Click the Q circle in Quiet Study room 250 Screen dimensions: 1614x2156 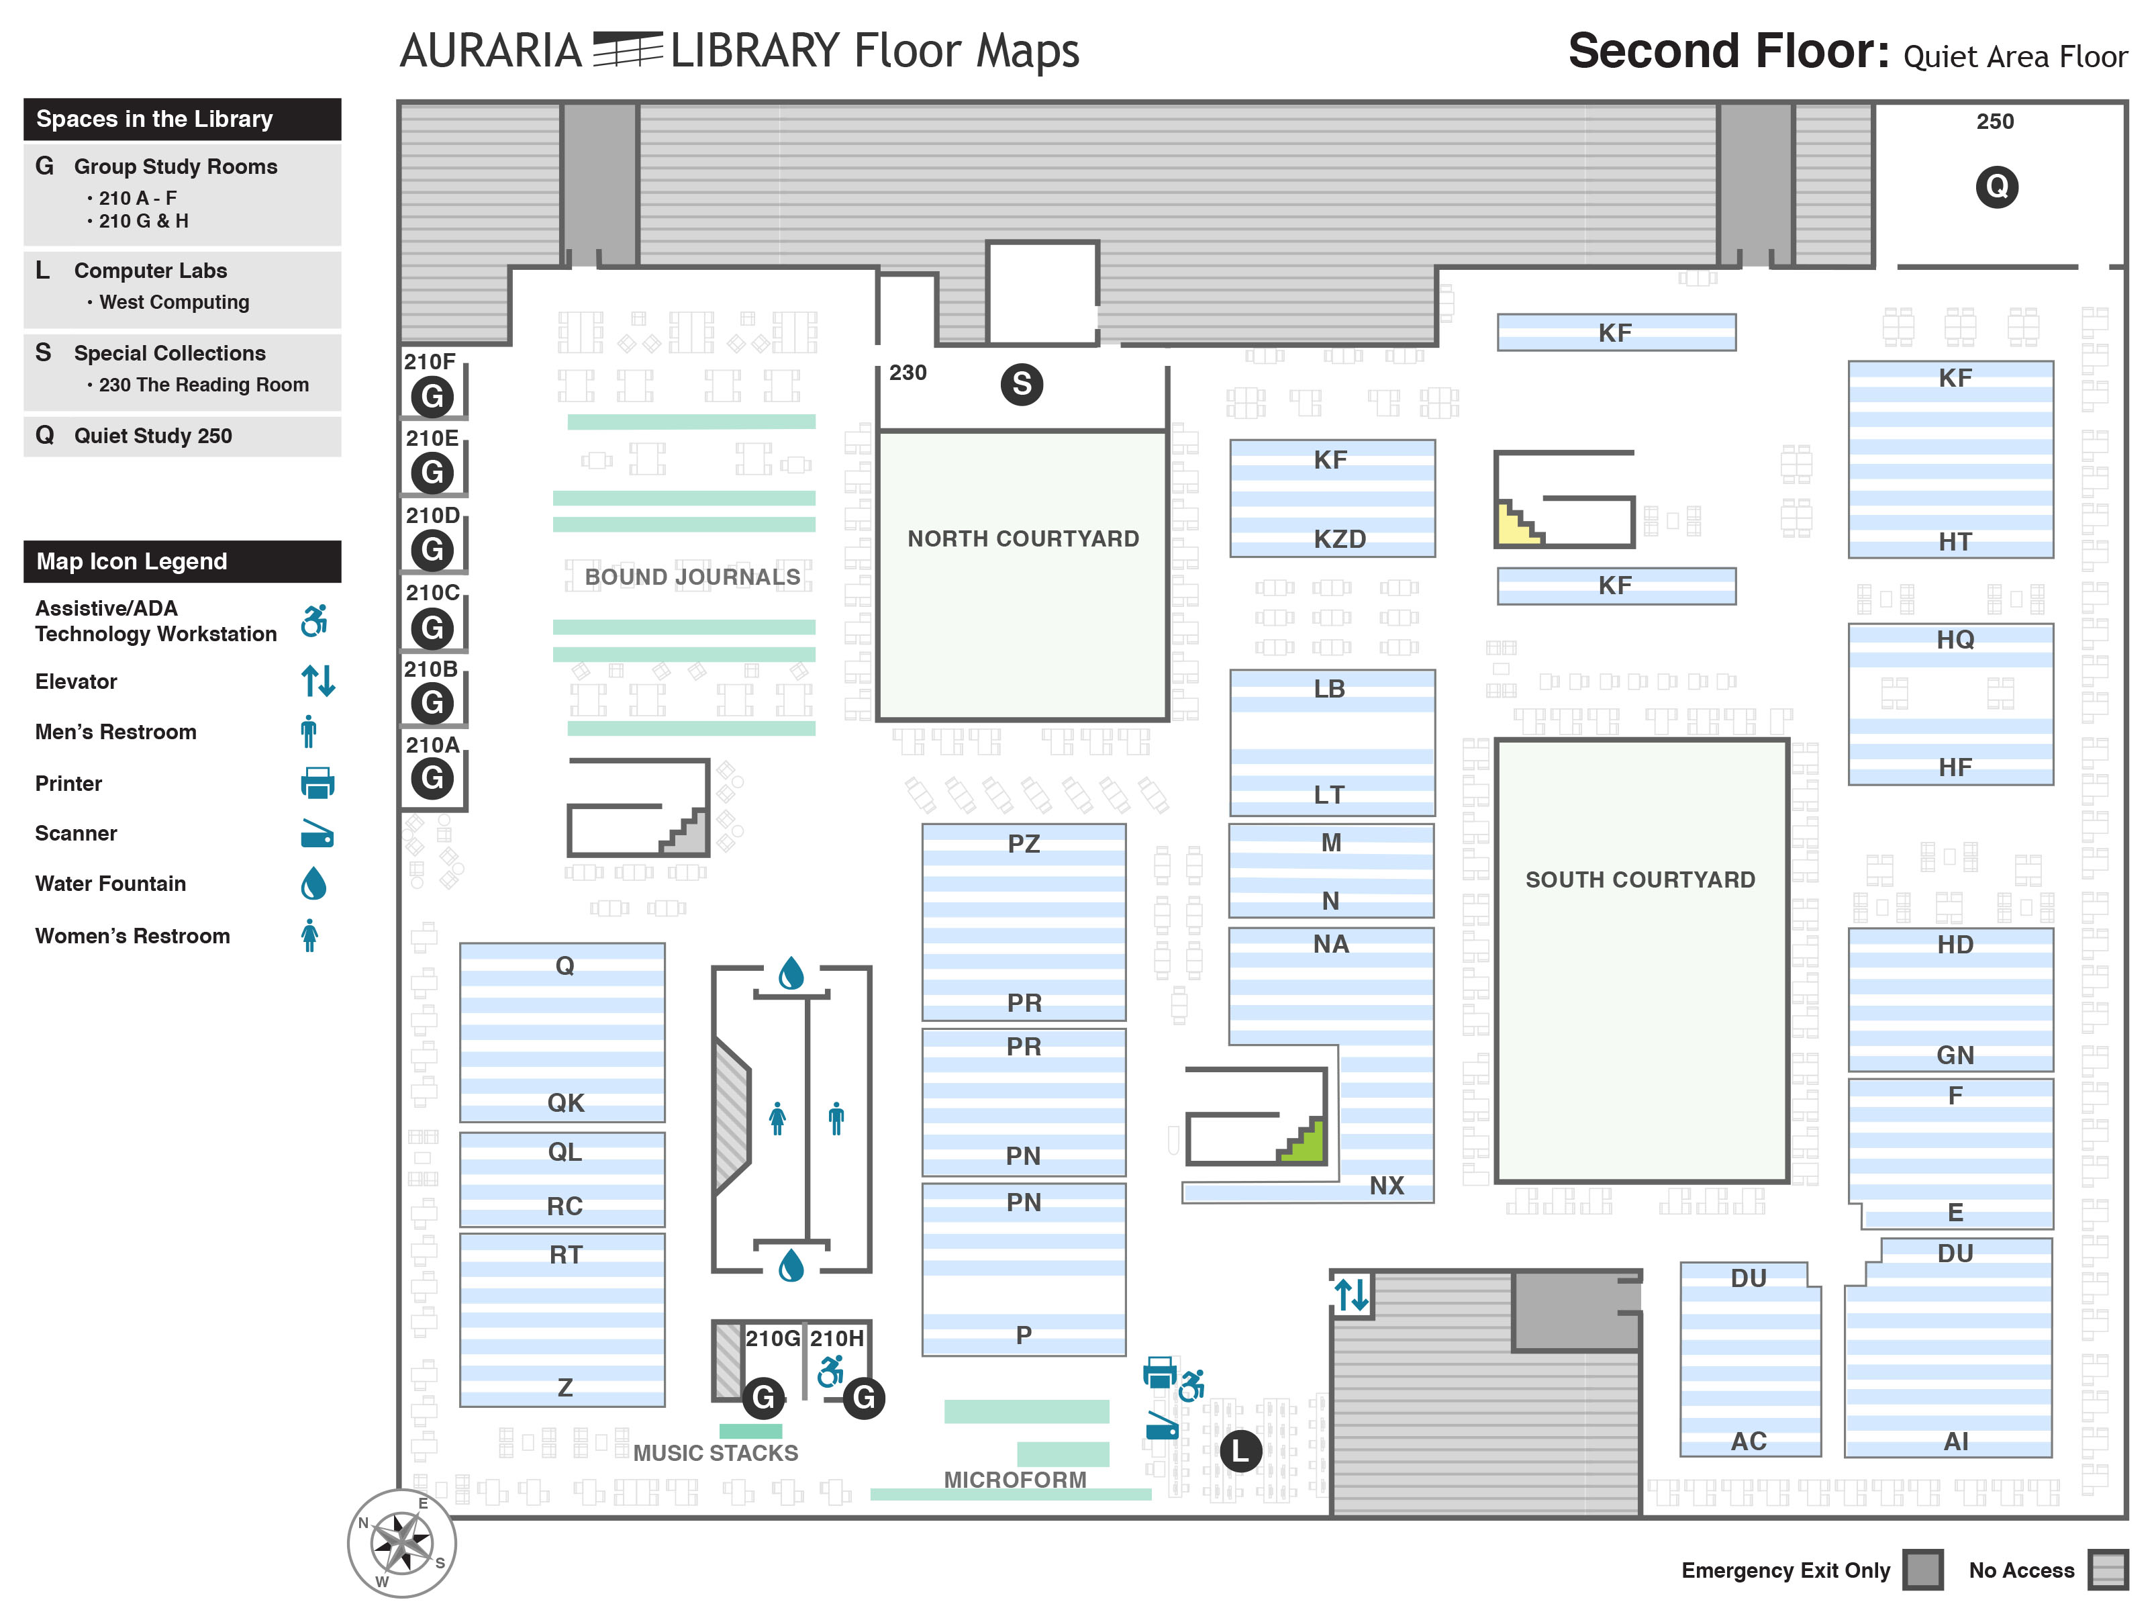tap(1996, 186)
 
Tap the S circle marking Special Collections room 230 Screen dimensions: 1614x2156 tap(1022, 384)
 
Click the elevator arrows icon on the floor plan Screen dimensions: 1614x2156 tap(1352, 1294)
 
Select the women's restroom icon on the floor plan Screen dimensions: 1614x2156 tap(777, 1119)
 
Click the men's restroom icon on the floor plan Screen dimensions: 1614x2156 tap(836, 1119)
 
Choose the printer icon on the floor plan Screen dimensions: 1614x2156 tap(1159, 1372)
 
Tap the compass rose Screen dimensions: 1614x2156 tap(401, 1543)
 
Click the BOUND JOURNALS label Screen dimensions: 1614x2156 tap(692, 577)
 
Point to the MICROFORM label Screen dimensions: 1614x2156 tap(1015, 1480)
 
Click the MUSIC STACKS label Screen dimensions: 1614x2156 tap(716, 1453)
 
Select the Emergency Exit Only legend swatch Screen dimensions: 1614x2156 tap(1922, 1570)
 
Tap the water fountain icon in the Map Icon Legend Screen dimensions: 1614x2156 tap(313, 884)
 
